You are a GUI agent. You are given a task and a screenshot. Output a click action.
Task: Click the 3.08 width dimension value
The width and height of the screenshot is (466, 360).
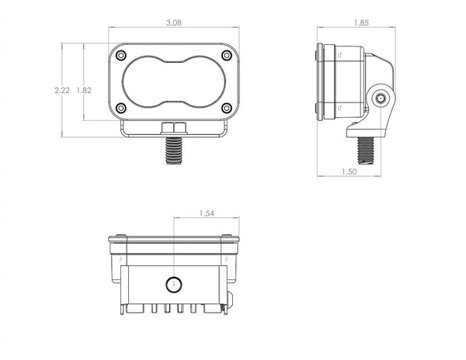point(173,24)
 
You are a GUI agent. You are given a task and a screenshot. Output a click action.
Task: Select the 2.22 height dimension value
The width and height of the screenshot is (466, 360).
point(63,91)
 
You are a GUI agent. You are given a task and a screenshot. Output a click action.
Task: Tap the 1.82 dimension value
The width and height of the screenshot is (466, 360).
point(85,91)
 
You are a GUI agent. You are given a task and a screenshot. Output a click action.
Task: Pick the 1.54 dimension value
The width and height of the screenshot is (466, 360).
point(207,213)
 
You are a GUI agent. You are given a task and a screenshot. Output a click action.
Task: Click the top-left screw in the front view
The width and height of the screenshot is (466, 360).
point(121,56)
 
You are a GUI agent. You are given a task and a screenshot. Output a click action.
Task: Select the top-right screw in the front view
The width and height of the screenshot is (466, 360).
point(225,56)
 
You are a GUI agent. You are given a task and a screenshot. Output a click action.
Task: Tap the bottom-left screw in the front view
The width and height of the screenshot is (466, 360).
point(121,108)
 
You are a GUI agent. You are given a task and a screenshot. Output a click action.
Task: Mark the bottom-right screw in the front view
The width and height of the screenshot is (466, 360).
point(225,108)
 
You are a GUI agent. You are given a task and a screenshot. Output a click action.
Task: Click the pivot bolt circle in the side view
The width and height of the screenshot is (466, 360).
point(380,99)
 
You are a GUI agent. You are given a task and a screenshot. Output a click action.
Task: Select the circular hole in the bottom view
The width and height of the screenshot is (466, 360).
point(173,282)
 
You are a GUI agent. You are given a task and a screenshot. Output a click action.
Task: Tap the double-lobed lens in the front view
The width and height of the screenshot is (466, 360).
point(173,81)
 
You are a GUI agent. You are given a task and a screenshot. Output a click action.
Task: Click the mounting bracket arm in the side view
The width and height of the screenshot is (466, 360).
point(376,93)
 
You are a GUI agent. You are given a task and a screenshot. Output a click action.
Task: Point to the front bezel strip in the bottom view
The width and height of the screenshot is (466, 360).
point(173,237)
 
